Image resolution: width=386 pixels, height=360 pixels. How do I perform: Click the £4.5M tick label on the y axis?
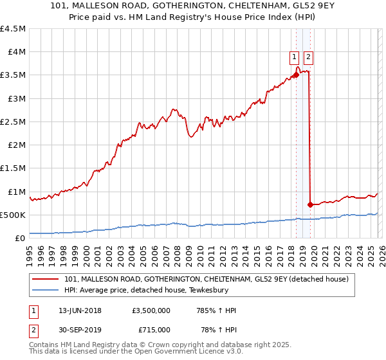click(x=14, y=29)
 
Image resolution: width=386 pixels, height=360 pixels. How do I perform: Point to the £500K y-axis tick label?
click(x=14, y=215)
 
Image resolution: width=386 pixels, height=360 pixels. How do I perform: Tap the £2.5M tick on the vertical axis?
click(x=14, y=122)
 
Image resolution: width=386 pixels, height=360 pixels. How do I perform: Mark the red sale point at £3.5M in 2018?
click(x=296, y=75)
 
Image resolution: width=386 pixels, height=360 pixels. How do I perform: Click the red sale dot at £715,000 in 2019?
click(x=310, y=204)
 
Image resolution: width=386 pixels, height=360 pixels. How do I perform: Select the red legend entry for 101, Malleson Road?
click(x=206, y=279)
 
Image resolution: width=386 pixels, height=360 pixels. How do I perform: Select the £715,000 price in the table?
click(x=154, y=330)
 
